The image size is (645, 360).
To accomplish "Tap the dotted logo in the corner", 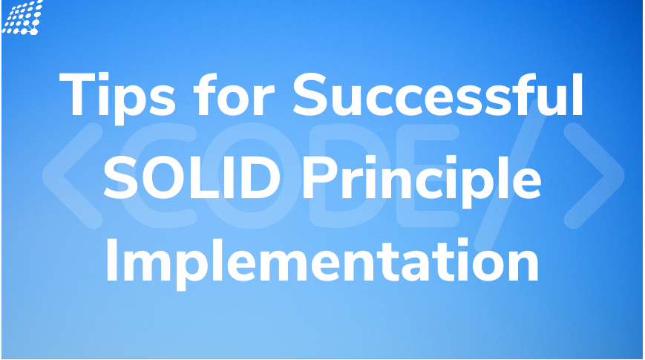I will point(22,16).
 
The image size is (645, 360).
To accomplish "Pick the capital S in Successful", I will point(315,94).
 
